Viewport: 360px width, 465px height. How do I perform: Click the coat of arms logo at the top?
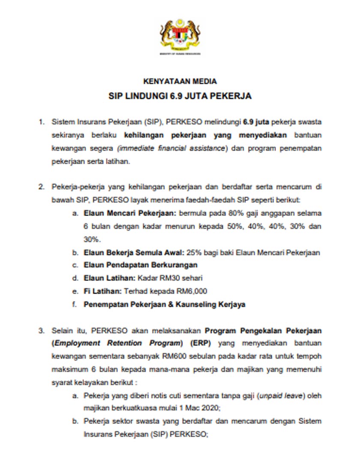point(180,34)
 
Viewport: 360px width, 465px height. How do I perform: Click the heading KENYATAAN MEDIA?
point(180,81)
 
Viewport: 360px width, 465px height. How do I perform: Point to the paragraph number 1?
point(42,122)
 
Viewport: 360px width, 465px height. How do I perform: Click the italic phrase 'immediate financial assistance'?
point(188,149)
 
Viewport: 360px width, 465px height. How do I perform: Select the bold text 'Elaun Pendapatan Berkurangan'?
point(140,265)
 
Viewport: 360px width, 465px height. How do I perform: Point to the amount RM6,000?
point(192,292)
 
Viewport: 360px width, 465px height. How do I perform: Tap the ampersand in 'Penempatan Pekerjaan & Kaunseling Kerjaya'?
point(168,305)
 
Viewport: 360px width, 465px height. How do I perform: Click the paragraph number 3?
point(42,330)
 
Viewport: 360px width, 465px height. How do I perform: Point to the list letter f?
point(75,305)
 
